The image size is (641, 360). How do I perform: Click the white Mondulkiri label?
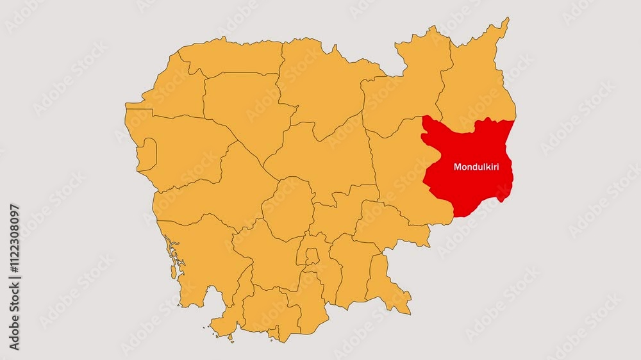point(476,167)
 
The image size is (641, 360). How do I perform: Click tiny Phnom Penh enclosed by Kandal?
point(312,256)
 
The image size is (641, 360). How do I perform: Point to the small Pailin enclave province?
point(146,154)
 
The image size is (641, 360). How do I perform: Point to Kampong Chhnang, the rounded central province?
point(288,208)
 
